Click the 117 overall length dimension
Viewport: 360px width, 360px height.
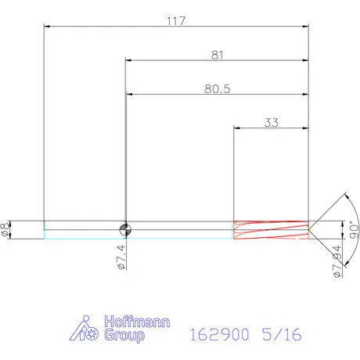(176, 21)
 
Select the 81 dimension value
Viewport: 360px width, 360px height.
(217, 55)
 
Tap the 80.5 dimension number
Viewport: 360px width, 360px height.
(218, 88)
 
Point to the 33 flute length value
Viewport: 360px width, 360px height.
(272, 122)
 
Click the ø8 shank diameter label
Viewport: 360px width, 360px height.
(5, 229)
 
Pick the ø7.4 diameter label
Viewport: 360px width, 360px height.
(121, 257)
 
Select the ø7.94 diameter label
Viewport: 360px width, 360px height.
(337, 261)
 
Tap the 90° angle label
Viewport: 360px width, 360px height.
(354, 230)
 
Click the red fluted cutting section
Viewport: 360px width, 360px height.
(271, 230)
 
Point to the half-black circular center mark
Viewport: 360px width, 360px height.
(125, 230)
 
